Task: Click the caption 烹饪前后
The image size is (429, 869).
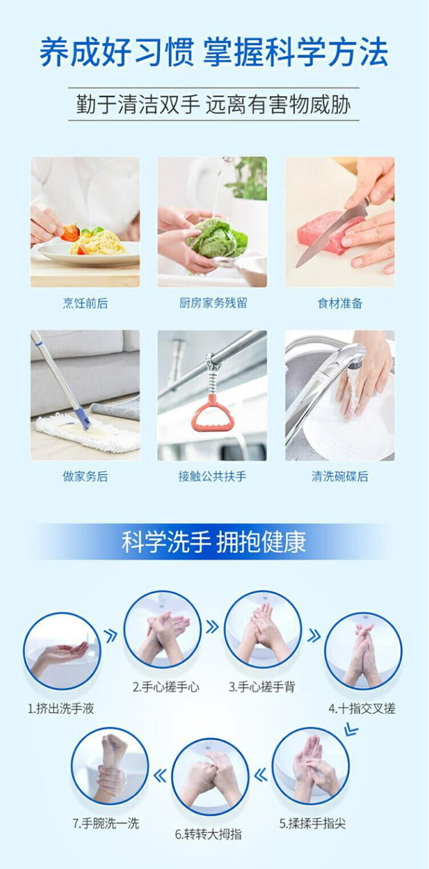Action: click(x=85, y=303)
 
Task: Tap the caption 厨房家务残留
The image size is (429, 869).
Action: click(x=213, y=303)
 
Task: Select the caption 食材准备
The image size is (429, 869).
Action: click(x=340, y=303)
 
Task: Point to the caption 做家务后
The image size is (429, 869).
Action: click(x=85, y=477)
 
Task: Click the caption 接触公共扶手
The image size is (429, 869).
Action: click(x=212, y=477)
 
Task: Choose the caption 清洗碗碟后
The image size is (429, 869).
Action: click(x=340, y=477)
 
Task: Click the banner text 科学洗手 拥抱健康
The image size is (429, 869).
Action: click(x=214, y=542)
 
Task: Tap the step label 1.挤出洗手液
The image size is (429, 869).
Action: click(x=61, y=709)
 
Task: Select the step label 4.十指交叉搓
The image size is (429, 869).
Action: click(x=362, y=709)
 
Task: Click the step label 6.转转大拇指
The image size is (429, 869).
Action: click(x=209, y=834)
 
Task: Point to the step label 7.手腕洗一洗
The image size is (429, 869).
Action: click(x=105, y=823)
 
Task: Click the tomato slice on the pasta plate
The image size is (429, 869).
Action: click(x=70, y=232)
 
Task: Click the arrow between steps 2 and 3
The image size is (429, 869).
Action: click(x=212, y=626)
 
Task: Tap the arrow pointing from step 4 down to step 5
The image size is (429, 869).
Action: click(x=351, y=730)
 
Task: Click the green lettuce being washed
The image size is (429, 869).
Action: click(x=218, y=237)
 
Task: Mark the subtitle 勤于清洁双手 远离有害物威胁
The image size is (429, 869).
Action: click(x=213, y=105)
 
